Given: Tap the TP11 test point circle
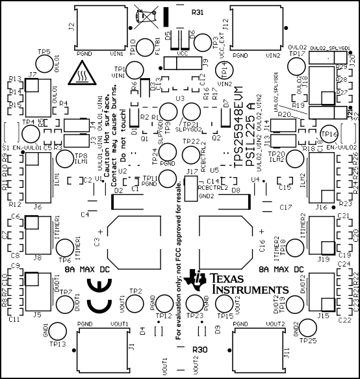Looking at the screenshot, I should [x=168, y=179].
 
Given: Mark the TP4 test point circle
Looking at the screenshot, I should [x=31, y=134].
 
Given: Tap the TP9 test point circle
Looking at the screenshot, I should [x=168, y=111].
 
